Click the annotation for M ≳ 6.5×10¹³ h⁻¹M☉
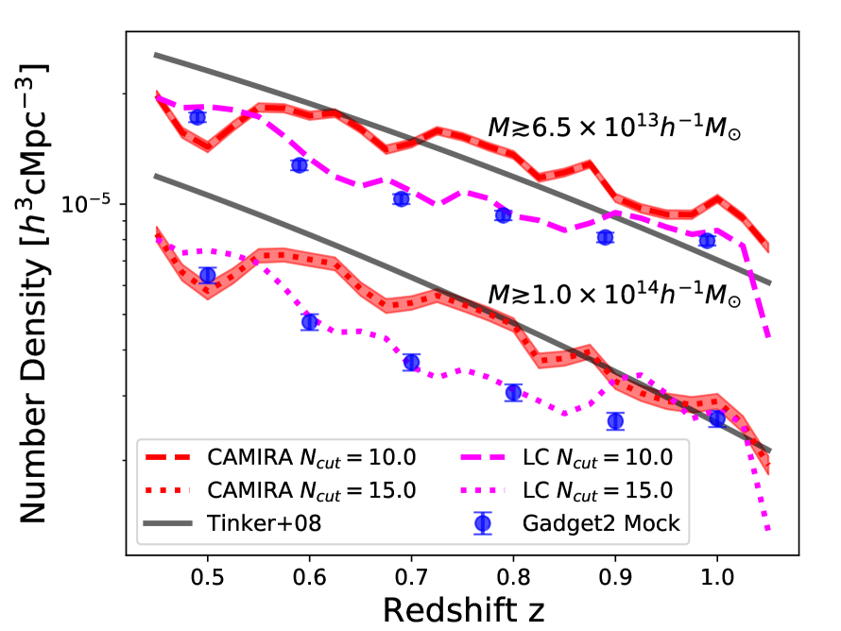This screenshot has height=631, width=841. click(x=613, y=129)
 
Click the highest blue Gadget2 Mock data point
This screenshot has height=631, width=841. click(x=197, y=117)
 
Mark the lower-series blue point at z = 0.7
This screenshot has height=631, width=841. click(x=411, y=363)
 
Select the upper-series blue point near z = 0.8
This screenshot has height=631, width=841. click(x=504, y=215)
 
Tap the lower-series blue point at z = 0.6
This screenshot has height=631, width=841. click(x=309, y=322)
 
